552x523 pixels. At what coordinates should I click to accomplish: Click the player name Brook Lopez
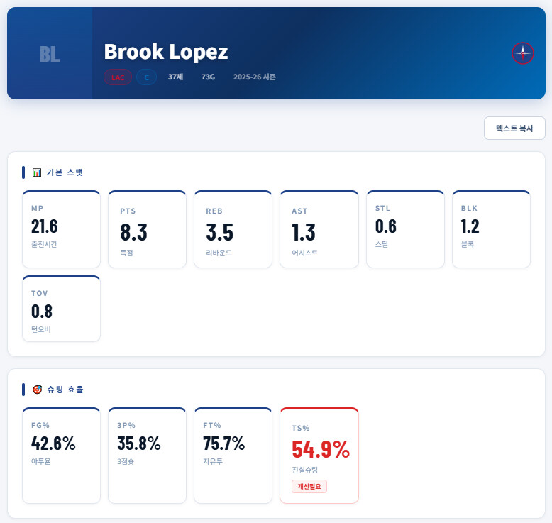tap(165, 52)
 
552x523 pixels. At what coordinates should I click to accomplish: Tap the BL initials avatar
tap(50, 54)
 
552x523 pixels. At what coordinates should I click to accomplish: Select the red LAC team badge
tap(118, 77)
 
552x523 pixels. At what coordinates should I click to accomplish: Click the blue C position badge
tap(146, 77)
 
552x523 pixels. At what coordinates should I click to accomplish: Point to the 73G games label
tap(208, 77)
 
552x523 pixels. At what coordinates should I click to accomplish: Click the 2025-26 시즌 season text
tap(254, 77)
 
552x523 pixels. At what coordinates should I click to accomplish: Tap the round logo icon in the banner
tap(523, 53)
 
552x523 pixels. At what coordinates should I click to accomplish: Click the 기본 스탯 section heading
tap(65, 172)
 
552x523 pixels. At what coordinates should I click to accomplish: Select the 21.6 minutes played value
tap(45, 226)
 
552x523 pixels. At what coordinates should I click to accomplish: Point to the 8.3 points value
tap(133, 232)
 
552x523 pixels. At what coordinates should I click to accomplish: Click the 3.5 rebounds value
tap(219, 232)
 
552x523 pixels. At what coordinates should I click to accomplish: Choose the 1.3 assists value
tap(304, 232)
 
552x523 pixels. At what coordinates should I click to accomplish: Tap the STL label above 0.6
tap(382, 209)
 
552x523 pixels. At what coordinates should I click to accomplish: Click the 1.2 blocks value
tap(470, 226)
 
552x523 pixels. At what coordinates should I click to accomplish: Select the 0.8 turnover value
tap(42, 312)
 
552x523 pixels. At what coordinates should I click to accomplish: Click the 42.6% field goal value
tap(53, 444)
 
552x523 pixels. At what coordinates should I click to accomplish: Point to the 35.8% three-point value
tap(139, 444)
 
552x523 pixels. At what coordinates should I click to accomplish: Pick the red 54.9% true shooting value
tap(321, 449)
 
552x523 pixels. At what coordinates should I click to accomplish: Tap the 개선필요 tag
tap(309, 486)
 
